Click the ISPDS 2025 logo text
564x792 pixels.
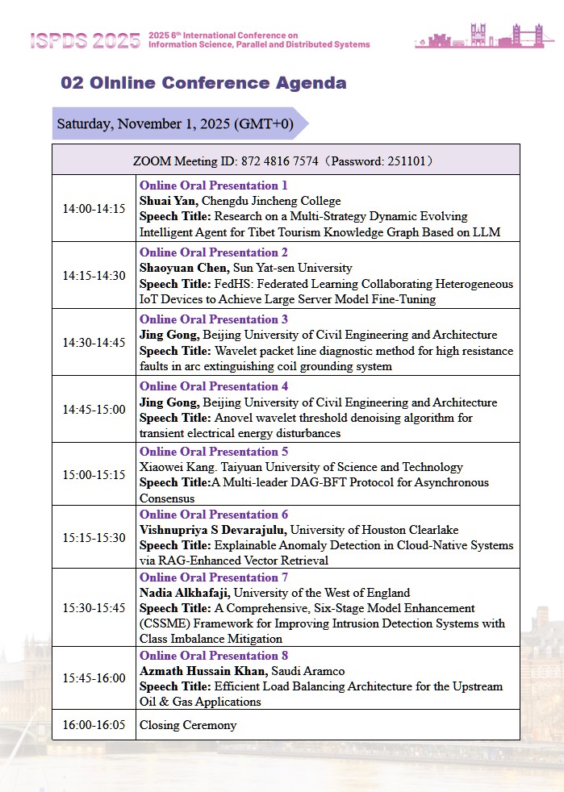pyautogui.click(x=85, y=41)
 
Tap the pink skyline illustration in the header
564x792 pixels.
pyautogui.click(x=484, y=36)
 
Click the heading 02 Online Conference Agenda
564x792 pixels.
pyautogui.click(x=204, y=83)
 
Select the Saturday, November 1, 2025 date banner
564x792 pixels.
pyautogui.click(x=173, y=124)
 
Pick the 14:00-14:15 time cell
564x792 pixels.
pyautogui.click(x=94, y=209)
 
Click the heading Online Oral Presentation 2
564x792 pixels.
pyautogui.click(x=214, y=252)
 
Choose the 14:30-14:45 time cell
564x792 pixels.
pyautogui.click(x=94, y=342)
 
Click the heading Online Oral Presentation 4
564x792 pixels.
pyautogui.click(x=214, y=386)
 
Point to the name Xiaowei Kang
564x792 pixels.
pyautogui.click(x=173, y=467)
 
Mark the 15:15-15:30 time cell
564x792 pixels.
pyautogui.click(x=94, y=537)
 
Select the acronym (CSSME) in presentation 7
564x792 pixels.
pyautogui.click(x=165, y=623)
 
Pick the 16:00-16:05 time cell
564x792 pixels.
pyautogui.click(x=94, y=725)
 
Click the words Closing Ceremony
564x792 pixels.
pyautogui.click(x=188, y=725)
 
